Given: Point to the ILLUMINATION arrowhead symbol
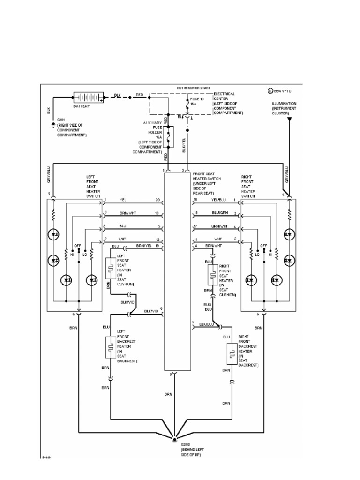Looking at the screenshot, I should [x=289, y=120].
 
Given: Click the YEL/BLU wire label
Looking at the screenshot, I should [x=218, y=200].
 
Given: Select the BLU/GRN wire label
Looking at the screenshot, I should [x=218, y=213].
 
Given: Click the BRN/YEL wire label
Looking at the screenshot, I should [x=143, y=246].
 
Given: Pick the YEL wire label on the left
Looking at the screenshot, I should [x=123, y=200].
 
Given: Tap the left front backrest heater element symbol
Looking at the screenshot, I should [x=111, y=347].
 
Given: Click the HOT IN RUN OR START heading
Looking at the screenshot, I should [x=193, y=88].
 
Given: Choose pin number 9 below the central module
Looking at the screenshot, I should [x=171, y=375].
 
